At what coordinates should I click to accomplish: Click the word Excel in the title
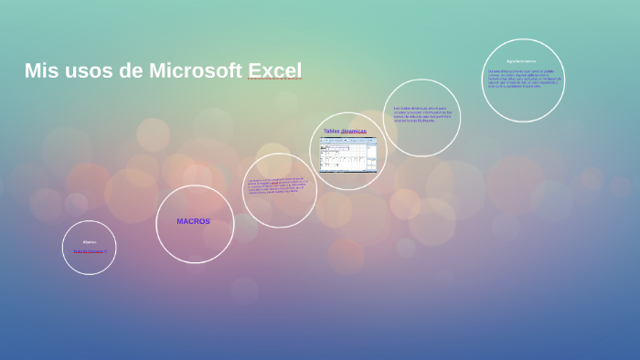[274, 70]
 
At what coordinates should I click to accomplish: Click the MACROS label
[193, 221]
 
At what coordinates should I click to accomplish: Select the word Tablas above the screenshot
[332, 131]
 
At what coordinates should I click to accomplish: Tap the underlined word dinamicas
[354, 131]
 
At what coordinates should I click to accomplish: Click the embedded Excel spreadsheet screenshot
[347, 154]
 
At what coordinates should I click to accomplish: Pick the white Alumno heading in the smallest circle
[89, 241]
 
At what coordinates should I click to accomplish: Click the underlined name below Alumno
[90, 250]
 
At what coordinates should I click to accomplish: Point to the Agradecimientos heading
[521, 61]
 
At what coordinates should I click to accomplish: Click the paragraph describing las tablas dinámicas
[421, 114]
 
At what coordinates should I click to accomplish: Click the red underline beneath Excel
[274, 80]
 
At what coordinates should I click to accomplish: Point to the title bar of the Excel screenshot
[347, 138]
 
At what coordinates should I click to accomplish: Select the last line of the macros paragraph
[274, 193]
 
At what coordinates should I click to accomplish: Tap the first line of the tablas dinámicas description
[421, 108]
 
